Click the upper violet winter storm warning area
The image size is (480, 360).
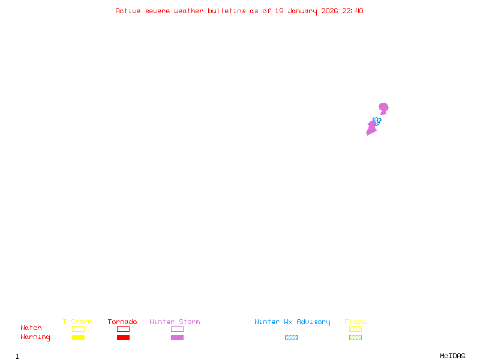pyautogui.click(x=383, y=108)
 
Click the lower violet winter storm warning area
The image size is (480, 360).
pyautogui.click(x=371, y=129)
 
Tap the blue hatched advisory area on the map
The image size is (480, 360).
pyautogui.click(x=377, y=121)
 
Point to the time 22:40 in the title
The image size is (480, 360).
pyautogui.click(x=353, y=11)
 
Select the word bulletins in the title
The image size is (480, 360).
pyautogui.click(x=227, y=11)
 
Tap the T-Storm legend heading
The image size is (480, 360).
pyautogui.click(x=77, y=322)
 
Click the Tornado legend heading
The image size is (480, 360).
pyautogui.click(x=122, y=322)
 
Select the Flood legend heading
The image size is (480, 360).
pyautogui.click(x=355, y=322)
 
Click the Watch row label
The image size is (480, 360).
pyautogui.click(x=31, y=328)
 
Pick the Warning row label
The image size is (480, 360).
pyautogui.click(x=35, y=337)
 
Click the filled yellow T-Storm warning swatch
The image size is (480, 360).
pyautogui.click(x=78, y=338)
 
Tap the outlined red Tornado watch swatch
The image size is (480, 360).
pyautogui.click(x=123, y=329)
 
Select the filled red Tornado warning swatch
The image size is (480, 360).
pyautogui.click(x=123, y=338)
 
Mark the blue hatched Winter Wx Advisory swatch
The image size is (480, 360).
pyautogui.click(x=291, y=338)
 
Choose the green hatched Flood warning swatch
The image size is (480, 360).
pyautogui.click(x=355, y=338)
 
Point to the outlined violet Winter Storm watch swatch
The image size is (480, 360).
pyautogui.click(x=177, y=329)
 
